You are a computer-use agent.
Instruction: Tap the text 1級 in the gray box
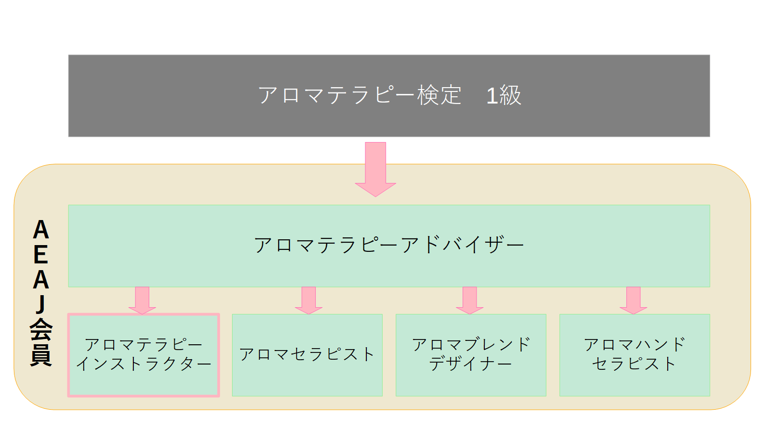click(x=504, y=95)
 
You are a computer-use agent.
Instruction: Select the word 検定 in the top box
click(x=439, y=95)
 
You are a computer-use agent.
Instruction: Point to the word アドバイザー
click(x=462, y=245)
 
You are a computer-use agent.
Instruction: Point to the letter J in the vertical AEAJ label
click(x=41, y=304)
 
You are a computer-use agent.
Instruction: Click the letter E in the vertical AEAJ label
click(x=41, y=255)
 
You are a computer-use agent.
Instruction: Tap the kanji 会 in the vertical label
click(x=41, y=330)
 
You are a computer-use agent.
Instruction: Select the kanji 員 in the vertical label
click(x=41, y=355)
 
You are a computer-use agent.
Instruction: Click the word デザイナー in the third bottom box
click(x=470, y=364)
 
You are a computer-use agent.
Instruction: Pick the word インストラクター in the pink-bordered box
click(x=143, y=364)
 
